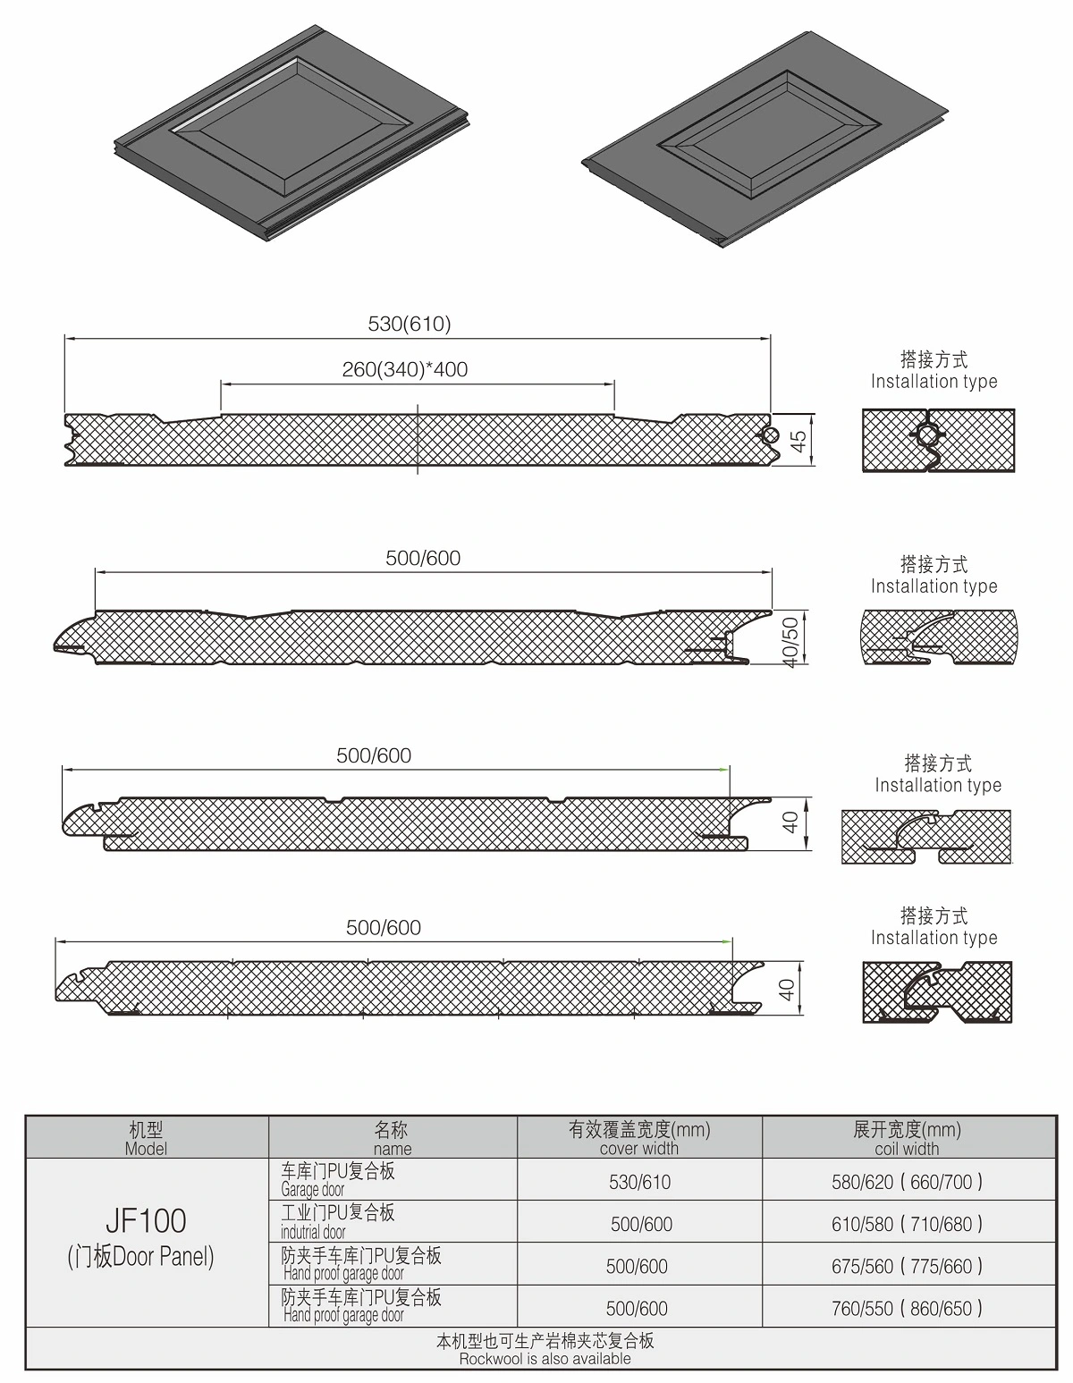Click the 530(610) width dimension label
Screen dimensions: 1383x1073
410,324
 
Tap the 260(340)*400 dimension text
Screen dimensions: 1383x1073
405,369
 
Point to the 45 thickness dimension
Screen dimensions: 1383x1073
798,440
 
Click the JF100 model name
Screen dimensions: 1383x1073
146,1220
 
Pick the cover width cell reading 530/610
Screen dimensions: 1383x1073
639,1182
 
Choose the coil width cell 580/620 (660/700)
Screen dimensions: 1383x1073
907,1182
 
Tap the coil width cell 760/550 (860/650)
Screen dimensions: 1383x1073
907,1309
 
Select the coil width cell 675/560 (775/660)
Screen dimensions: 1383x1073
907,1266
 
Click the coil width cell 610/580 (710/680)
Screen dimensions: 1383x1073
907,1224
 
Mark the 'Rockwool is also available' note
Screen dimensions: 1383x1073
545,1350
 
